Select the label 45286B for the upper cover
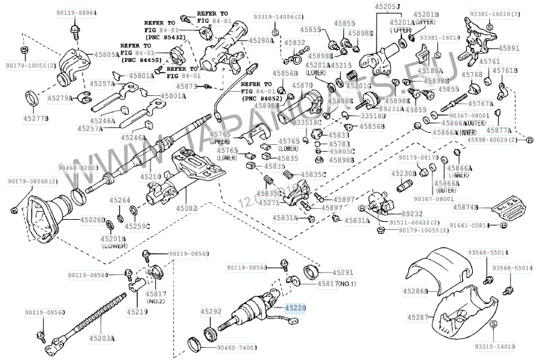tap(416, 291)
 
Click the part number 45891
tap(509, 49)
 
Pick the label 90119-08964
tap(76, 13)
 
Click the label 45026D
tap(92, 220)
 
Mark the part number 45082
tap(187, 208)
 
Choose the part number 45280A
tap(261, 41)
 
